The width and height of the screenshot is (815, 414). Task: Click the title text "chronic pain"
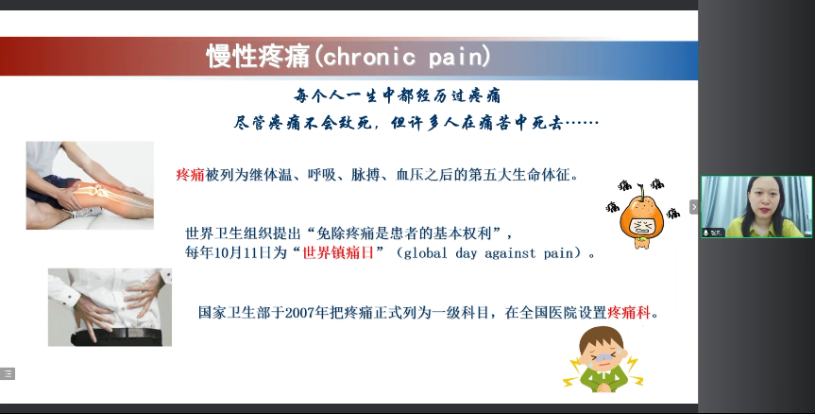tap(406, 56)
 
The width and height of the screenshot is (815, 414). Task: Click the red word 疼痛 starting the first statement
tap(190, 174)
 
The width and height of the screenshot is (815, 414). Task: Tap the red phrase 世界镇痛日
tap(338, 253)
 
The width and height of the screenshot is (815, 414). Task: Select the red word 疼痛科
tap(629, 313)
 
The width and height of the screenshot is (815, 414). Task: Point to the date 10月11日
tap(244, 253)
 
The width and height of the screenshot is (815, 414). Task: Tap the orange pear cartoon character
tap(642, 215)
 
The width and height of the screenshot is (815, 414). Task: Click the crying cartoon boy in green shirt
tap(603, 359)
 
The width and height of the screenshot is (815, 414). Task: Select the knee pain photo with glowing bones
tap(90, 185)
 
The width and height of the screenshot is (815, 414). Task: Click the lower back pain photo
tap(110, 307)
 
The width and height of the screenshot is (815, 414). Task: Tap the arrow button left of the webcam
tap(694, 207)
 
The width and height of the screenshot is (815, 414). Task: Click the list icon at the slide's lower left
tap(8, 373)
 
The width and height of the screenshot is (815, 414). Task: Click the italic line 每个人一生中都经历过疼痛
tap(397, 95)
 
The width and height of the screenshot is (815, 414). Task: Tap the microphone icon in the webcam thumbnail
tap(706, 233)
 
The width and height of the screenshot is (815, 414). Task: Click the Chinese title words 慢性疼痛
tap(259, 56)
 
